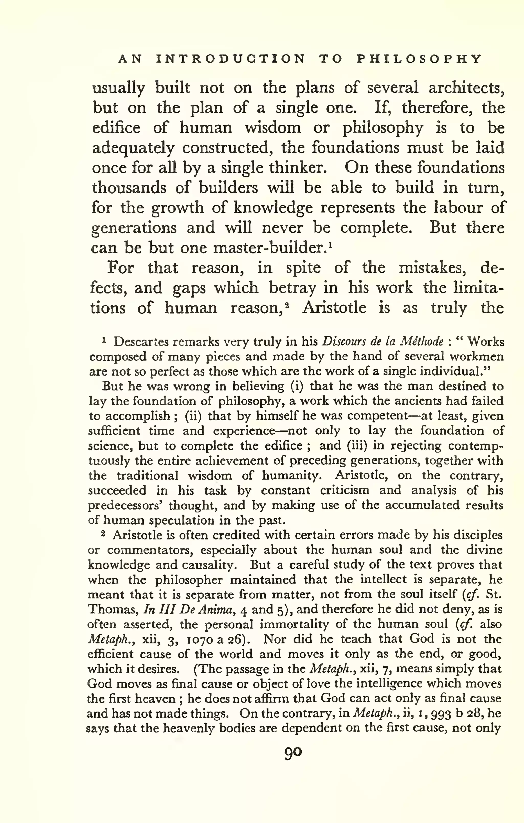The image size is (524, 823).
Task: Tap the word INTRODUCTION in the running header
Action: (x=231, y=59)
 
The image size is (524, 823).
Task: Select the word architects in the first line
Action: (x=466, y=88)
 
